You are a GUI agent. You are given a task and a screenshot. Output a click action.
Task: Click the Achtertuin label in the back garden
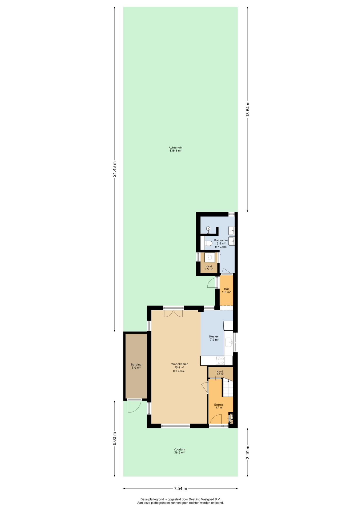pyautogui.click(x=175, y=147)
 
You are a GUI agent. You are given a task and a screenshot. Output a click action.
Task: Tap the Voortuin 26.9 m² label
pyautogui.click(x=179, y=451)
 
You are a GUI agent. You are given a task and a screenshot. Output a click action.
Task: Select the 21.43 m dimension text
pyautogui.click(x=114, y=169)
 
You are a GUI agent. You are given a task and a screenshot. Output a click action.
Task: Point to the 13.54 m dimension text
pyautogui.click(x=248, y=109)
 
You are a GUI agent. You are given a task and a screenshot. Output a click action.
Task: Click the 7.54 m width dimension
pyautogui.click(x=180, y=488)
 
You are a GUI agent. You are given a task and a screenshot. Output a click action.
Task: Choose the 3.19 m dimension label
pyautogui.click(x=248, y=452)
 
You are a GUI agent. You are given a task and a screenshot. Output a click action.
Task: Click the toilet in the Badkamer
pyautogui.click(x=208, y=243)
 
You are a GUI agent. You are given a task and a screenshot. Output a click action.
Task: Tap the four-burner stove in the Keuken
pyautogui.click(x=220, y=361)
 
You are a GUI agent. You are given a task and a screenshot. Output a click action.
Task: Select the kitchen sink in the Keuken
pyautogui.click(x=229, y=342)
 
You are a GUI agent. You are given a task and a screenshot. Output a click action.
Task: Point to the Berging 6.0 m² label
pyautogui.click(x=136, y=366)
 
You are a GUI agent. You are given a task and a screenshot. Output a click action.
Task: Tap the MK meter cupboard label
pyautogui.click(x=231, y=422)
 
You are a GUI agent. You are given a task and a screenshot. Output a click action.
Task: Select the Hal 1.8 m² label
pyautogui.click(x=226, y=290)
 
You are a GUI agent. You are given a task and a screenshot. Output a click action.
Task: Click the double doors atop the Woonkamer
pyautogui.click(x=173, y=314)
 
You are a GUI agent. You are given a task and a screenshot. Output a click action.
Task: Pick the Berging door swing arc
pyautogui.click(x=134, y=406)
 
